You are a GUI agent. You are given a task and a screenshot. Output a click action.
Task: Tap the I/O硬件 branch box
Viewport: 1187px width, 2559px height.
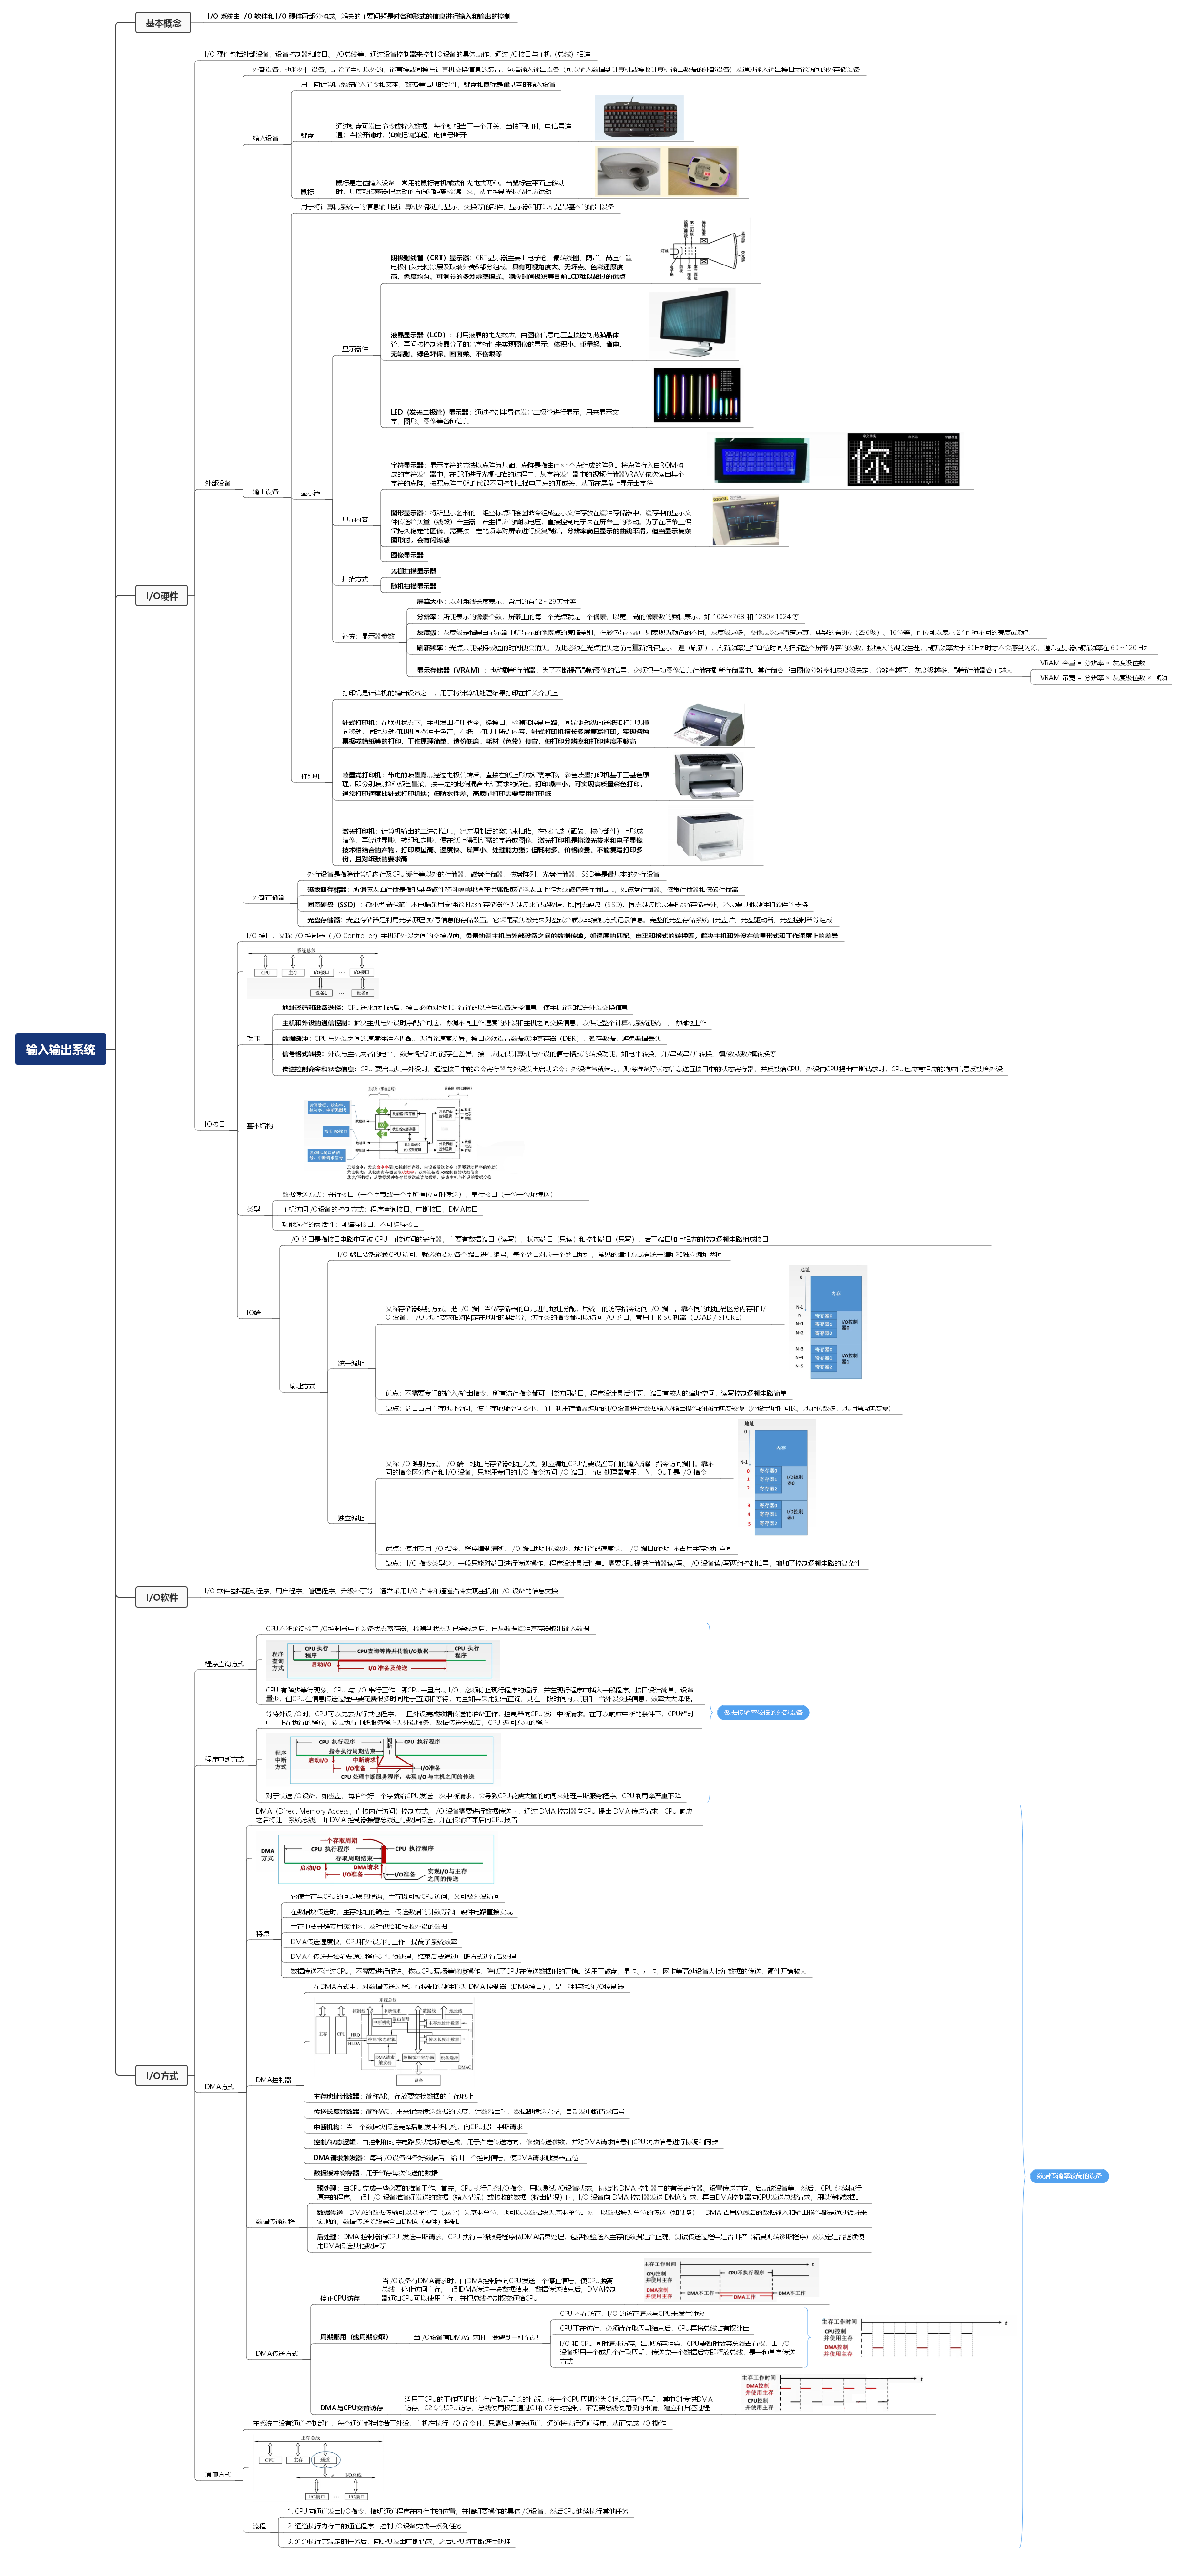click(162, 596)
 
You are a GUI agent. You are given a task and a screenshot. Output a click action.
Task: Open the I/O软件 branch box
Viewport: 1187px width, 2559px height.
click(162, 1597)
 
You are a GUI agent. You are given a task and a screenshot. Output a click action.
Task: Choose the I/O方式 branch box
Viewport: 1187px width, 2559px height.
click(162, 2076)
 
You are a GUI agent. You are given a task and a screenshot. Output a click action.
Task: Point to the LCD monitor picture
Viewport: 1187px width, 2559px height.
click(695, 323)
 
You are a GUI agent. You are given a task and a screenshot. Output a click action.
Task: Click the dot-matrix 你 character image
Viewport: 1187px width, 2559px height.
click(903, 460)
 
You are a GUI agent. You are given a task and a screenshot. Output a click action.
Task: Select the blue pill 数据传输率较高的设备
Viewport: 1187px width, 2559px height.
click(1069, 2175)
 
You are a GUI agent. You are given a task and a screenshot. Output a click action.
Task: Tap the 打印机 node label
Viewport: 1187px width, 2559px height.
click(311, 776)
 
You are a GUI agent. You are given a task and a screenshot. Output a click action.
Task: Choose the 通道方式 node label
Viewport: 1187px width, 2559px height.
click(218, 2475)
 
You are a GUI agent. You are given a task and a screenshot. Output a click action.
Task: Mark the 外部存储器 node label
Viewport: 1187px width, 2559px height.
click(268, 897)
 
